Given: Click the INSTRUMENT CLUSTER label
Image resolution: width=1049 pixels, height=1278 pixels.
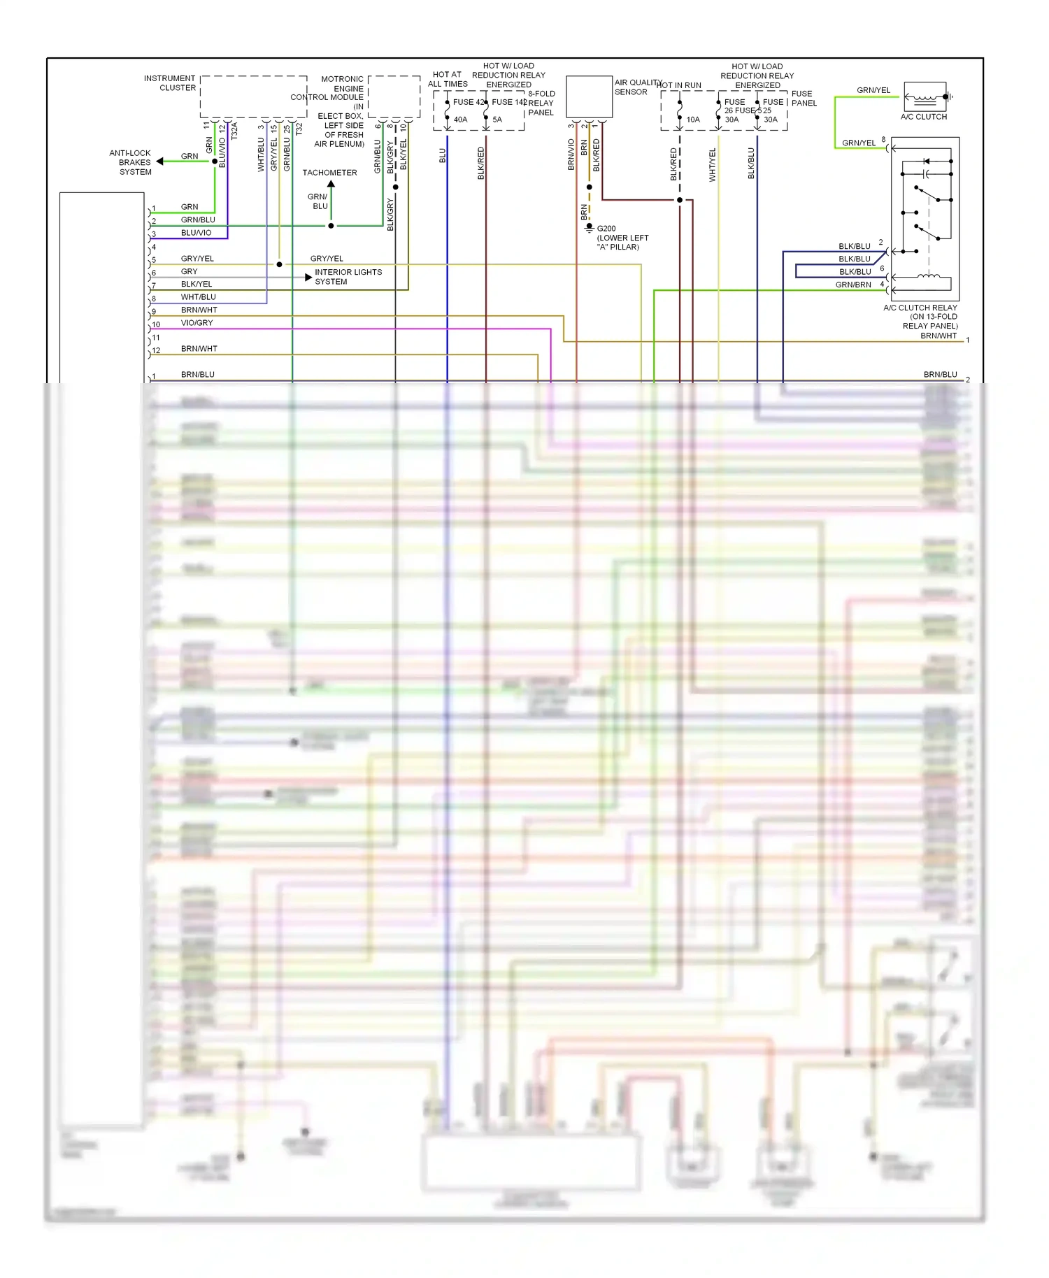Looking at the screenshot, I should click(169, 83).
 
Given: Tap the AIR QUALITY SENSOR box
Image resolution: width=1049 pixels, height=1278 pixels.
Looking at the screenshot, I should click(589, 96).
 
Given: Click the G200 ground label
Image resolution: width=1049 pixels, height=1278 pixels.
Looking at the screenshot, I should click(606, 229).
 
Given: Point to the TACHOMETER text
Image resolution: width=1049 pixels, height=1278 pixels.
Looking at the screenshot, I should click(329, 173).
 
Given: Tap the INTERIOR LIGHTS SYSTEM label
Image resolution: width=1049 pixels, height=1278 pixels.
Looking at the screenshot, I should click(348, 277).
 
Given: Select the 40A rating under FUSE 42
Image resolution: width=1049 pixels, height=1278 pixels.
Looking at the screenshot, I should click(460, 120).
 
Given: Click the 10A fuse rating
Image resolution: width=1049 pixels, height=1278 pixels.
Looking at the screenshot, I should click(692, 120).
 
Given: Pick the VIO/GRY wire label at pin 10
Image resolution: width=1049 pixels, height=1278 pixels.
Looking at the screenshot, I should click(197, 323).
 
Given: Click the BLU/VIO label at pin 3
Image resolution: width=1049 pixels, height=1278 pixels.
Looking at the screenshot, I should click(196, 233).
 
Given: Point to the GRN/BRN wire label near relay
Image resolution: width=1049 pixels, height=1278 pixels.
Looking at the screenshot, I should click(853, 285).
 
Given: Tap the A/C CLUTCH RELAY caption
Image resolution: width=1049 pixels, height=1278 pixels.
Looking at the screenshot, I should click(920, 308).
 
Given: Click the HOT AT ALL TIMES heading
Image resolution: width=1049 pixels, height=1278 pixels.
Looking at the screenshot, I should click(448, 79).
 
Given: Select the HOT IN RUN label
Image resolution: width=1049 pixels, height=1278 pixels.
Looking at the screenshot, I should click(679, 85).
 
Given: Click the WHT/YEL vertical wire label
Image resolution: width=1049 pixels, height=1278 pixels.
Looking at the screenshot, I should click(713, 165).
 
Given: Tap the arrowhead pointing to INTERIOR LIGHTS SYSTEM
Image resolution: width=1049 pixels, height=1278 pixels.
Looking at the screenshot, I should click(308, 278).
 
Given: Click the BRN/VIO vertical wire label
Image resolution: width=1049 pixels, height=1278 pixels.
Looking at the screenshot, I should click(571, 155).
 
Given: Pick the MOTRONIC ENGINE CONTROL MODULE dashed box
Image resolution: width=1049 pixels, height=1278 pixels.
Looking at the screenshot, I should click(394, 96).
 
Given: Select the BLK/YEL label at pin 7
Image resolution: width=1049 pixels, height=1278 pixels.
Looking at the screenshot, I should click(196, 284).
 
